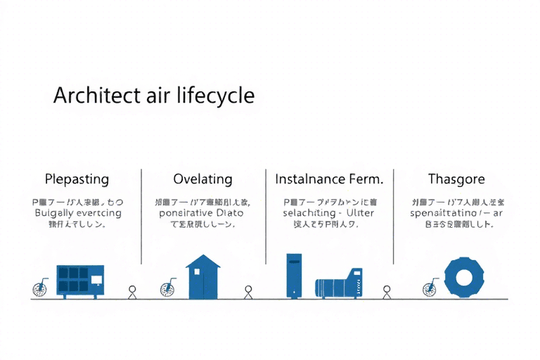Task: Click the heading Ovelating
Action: [x=202, y=179]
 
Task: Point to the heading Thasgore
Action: [x=456, y=179]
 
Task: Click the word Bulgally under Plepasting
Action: [x=56, y=213]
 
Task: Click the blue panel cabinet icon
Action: [x=79, y=281]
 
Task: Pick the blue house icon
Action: [x=202, y=276]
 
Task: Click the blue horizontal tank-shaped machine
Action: [x=338, y=285]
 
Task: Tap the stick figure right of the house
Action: [x=247, y=292]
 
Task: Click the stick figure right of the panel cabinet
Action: [x=132, y=292]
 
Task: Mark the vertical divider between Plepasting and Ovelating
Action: [x=141, y=215]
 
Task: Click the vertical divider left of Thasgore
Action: [x=393, y=215]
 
